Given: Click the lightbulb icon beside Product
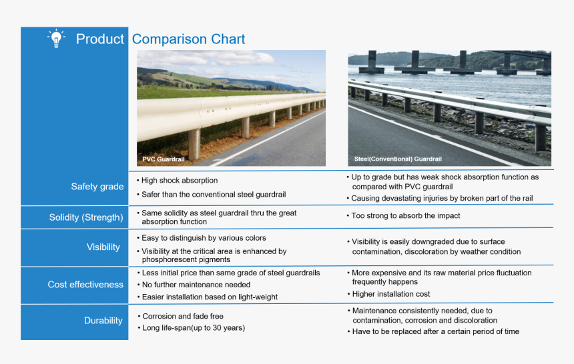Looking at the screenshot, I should tap(57, 38).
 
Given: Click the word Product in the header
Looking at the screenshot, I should tap(100, 39).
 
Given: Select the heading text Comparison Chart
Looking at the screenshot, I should tap(188, 39).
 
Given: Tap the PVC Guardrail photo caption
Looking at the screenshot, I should tap(164, 159).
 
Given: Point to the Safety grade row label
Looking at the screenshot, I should tap(97, 187).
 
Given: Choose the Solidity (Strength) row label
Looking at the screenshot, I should tap(86, 217).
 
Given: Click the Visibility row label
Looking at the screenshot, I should tap(103, 247).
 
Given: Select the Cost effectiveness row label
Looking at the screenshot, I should tap(85, 285).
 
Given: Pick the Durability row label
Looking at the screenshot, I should tap(103, 321).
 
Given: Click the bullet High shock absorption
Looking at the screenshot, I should tap(180, 181).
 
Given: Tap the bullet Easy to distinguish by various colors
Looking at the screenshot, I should tap(204, 238).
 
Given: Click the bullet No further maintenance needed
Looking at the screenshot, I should tap(196, 285).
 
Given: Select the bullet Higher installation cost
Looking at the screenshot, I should tap(390, 294).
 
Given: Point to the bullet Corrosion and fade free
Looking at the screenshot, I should tap(183, 317).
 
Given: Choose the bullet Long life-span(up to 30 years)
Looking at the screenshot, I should tap(194, 328).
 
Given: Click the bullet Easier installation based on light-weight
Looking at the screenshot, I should tap(210, 297).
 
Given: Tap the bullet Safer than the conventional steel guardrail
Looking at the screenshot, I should tap(214, 195).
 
